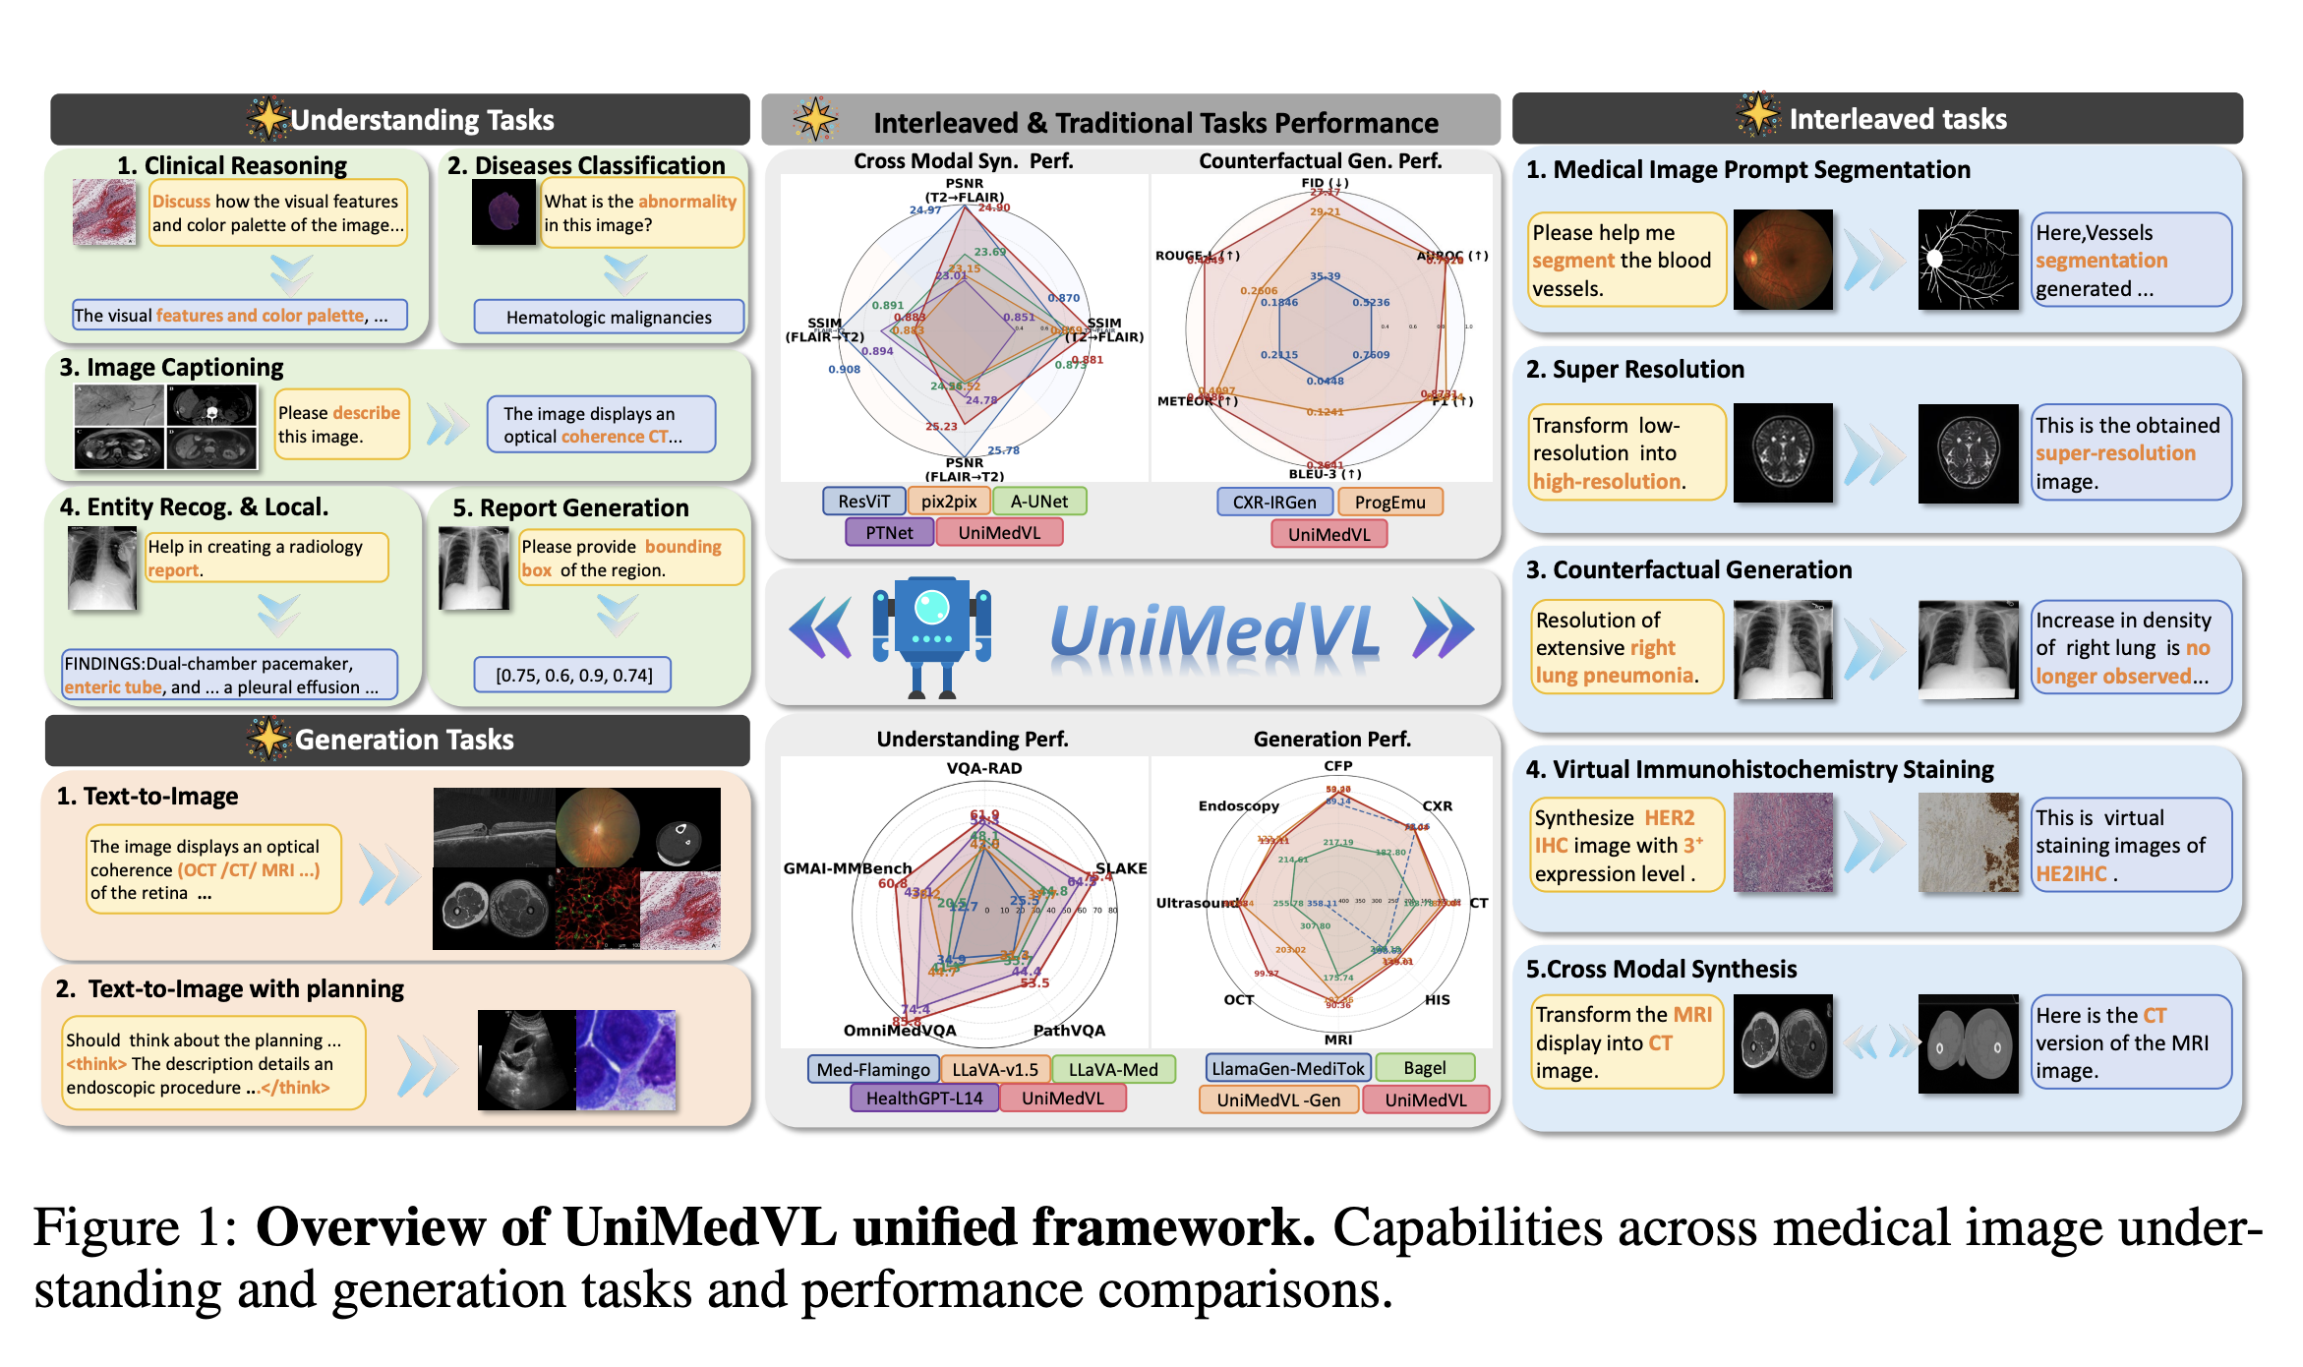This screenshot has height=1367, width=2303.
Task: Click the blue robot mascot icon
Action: click(930, 635)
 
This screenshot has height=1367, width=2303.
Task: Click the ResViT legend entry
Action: click(862, 502)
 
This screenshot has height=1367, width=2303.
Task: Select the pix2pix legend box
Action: click(948, 502)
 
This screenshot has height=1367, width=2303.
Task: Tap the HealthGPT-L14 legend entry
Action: click(923, 1099)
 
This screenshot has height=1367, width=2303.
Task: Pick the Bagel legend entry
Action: click(1424, 1068)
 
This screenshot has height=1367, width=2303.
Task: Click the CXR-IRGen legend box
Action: click(1274, 503)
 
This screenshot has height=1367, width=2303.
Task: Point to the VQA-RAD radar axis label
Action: click(983, 768)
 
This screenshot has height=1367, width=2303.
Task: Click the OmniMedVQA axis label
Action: click(899, 1031)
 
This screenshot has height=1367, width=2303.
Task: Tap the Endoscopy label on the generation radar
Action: click(1238, 806)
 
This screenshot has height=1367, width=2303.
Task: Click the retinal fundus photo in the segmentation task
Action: click(1782, 260)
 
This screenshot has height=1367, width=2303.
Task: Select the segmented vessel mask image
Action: click(1967, 260)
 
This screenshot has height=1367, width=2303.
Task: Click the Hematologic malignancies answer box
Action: click(609, 318)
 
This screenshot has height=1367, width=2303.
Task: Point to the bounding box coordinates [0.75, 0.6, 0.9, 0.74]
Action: click(573, 676)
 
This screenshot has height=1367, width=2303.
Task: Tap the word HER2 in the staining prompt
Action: click(1669, 818)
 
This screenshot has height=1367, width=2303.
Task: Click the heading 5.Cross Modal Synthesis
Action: click(1661, 970)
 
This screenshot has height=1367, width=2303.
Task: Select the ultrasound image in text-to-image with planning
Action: click(526, 1059)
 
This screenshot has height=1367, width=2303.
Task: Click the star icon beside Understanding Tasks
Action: click(267, 119)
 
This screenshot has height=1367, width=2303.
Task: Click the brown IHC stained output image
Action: click(1967, 844)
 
